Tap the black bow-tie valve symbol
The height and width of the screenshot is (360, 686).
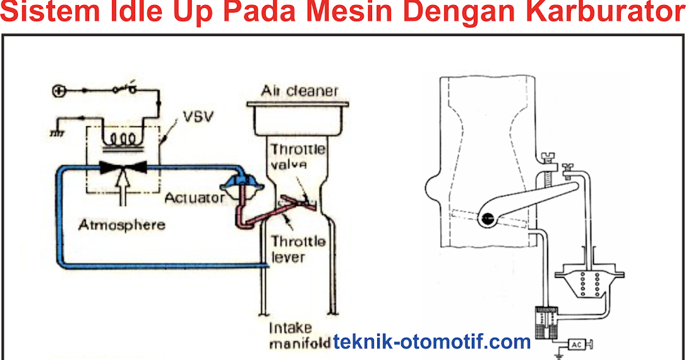pyautogui.click(x=123, y=167)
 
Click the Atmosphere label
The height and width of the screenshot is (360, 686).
pyautogui.click(x=122, y=224)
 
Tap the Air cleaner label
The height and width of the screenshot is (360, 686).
pyautogui.click(x=300, y=91)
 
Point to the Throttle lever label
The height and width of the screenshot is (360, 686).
pyautogui.click(x=298, y=249)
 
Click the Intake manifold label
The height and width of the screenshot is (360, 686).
pyautogui.click(x=298, y=336)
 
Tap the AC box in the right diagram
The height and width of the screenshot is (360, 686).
pyautogui.click(x=576, y=344)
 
